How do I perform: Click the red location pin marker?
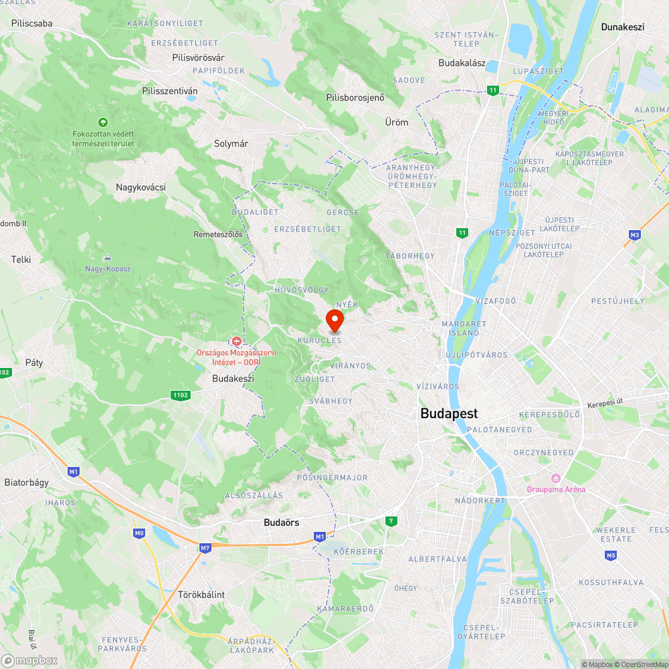[x=334, y=320]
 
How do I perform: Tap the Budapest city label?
[x=449, y=413]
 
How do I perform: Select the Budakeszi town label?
[x=233, y=379]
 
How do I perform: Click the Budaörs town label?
[x=282, y=522]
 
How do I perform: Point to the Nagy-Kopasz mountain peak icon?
[x=107, y=257]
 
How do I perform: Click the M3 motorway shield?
[x=635, y=235]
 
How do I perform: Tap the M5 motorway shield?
[x=610, y=555]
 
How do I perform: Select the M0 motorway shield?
[x=139, y=533]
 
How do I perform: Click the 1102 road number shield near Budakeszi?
[x=180, y=395]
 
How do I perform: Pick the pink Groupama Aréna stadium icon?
[x=555, y=478]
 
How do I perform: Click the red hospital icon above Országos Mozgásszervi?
[x=236, y=341]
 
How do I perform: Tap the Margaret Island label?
[x=460, y=328]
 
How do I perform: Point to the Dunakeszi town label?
[x=622, y=27]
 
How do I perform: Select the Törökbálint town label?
[x=201, y=594]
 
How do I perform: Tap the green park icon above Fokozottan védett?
[x=102, y=122]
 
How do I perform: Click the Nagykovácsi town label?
[x=140, y=187]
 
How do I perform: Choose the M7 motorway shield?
[x=205, y=548]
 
